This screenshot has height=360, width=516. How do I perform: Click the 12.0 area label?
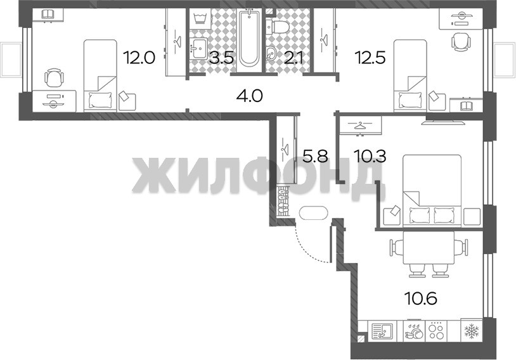[x=139, y=58]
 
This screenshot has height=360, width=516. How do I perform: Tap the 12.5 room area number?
[x=370, y=58]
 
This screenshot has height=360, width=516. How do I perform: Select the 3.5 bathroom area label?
[x=222, y=58]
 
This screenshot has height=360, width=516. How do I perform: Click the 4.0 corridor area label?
[x=250, y=96]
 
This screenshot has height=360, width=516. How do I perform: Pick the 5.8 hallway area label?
[x=315, y=156]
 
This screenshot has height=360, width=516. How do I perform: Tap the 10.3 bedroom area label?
[x=370, y=156]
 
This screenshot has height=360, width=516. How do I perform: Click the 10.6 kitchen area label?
[x=420, y=299]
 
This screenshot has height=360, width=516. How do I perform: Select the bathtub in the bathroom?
[x=249, y=38]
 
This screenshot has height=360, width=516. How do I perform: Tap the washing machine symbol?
[x=200, y=18]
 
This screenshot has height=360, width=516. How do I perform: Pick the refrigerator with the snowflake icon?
[x=471, y=330]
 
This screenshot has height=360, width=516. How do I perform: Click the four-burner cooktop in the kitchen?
[x=436, y=330]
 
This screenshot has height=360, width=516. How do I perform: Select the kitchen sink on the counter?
[x=382, y=331]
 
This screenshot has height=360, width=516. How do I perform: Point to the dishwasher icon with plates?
[x=415, y=330]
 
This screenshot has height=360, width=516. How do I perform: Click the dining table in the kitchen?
[x=429, y=248]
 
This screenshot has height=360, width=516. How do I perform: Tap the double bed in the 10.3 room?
[x=432, y=191]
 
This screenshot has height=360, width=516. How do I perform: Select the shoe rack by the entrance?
[x=283, y=202]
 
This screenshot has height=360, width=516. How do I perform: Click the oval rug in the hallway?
[x=314, y=212]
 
